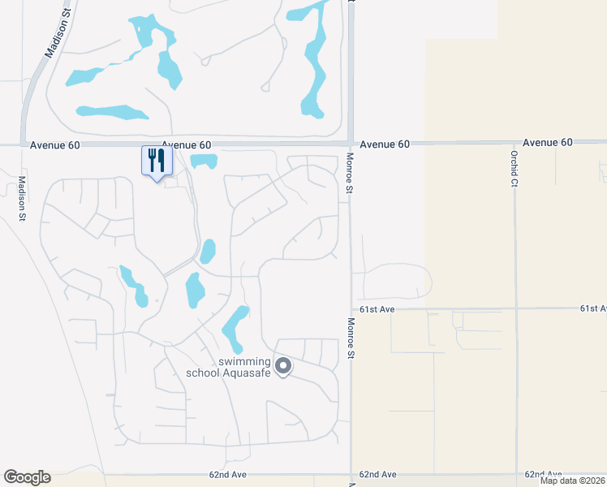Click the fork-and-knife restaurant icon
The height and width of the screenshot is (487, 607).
point(157,160)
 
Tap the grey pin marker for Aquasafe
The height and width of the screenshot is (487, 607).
point(283,367)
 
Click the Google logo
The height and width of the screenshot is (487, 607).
point(27,477)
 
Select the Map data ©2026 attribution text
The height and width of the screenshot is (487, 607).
point(572,481)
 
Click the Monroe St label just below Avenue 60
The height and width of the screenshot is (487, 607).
point(350,172)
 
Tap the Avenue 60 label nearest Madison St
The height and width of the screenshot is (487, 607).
point(55,145)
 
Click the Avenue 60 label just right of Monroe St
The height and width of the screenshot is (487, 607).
point(385,144)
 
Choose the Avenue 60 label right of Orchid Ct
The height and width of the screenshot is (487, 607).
point(548,142)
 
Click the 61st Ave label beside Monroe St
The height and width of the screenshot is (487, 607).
point(376,310)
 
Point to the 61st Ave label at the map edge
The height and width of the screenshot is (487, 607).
point(593,308)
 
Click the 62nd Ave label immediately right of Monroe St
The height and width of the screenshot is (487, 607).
point(378,474)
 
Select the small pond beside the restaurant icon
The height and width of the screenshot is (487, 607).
point(203,161)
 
